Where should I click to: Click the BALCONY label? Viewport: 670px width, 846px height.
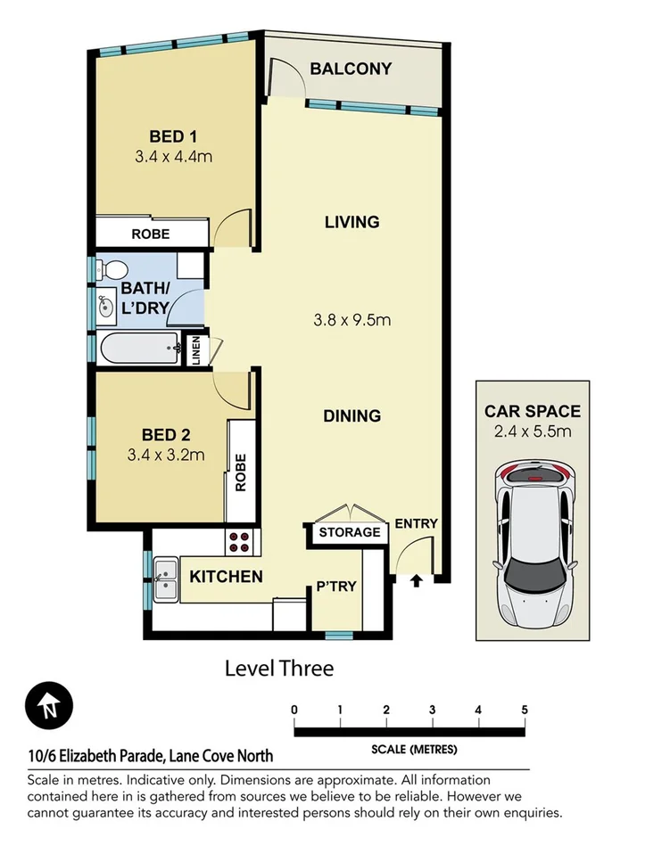[x=350, y=69]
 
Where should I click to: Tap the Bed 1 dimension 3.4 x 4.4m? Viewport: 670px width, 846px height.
[x=173, y=157]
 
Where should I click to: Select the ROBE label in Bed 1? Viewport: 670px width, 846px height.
[x=151, y=234]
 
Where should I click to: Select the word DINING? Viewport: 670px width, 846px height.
[x=352, y=415]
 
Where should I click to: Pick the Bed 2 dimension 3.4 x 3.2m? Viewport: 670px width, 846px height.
[x=167, y=456]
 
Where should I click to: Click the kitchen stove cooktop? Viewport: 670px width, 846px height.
[x=240, y=540]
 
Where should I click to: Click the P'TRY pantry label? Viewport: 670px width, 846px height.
[x=336, y=587]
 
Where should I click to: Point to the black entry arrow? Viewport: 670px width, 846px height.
[x=415, y=581]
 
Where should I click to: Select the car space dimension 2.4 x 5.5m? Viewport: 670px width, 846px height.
[x=533, y=432]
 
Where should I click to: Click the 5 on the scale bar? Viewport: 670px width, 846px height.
[x=525, y=710]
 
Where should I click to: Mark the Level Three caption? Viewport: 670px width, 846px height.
[x=278, y=668]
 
